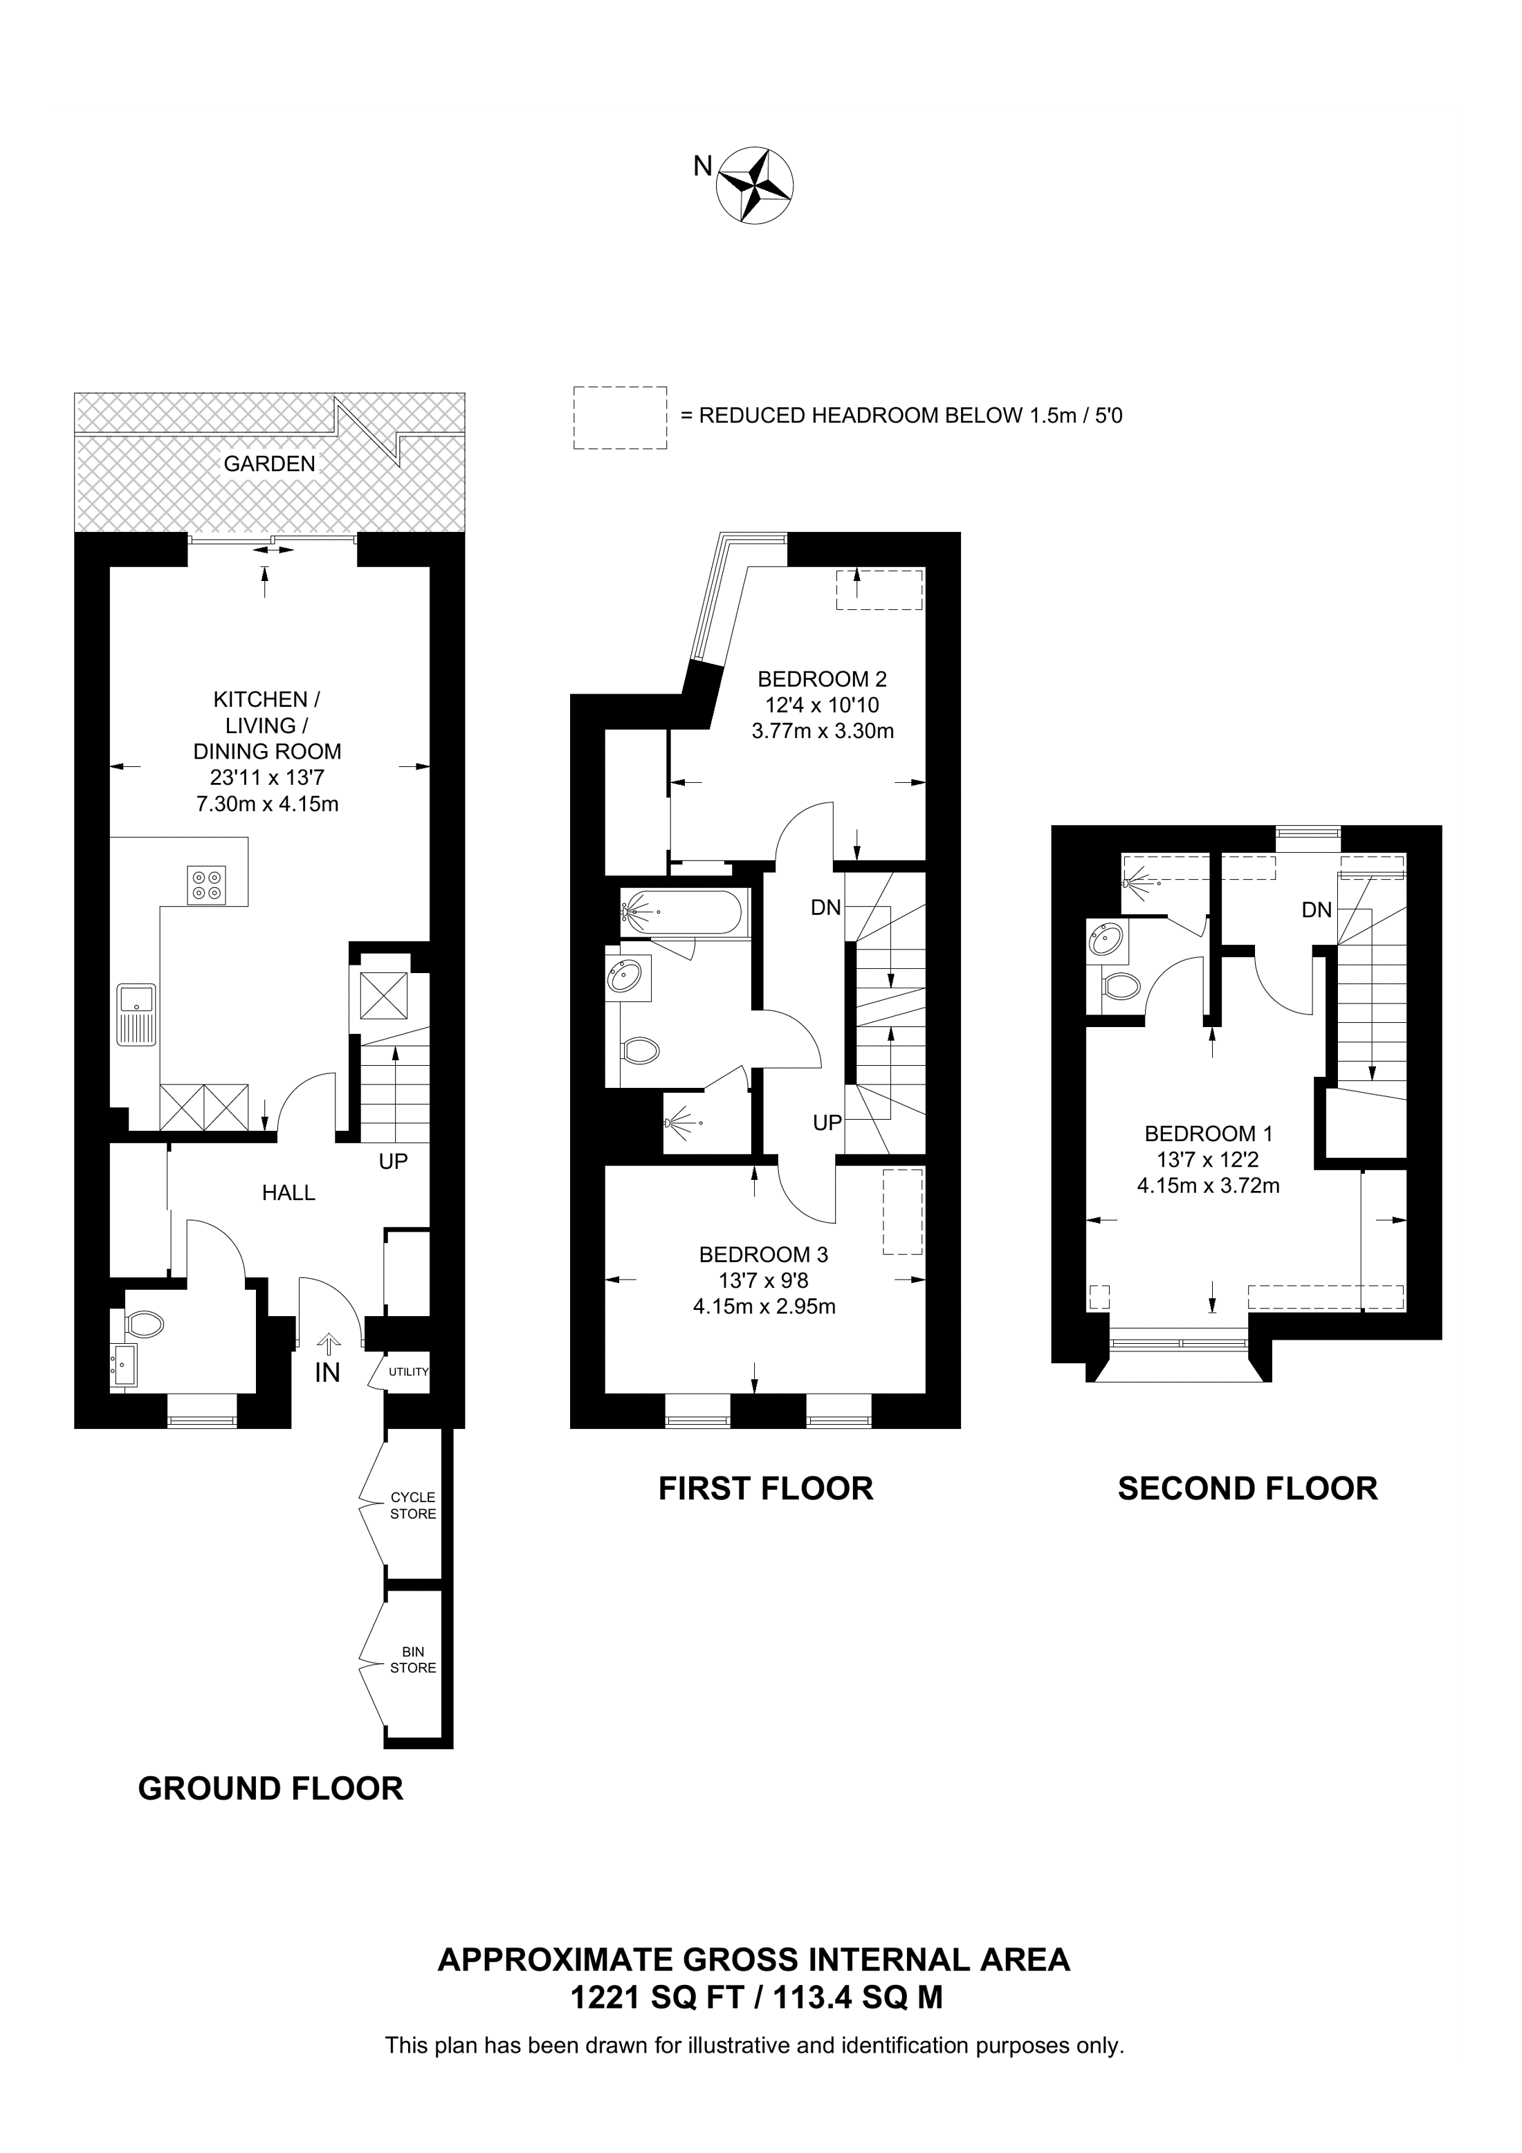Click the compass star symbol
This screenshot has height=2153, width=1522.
click(756, 185)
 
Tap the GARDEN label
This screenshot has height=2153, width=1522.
click(269, 463)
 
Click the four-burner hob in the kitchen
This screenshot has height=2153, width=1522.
click(206, 885)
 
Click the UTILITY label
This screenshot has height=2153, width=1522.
click(409, 1372)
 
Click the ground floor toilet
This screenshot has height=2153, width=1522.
click(143, 1324)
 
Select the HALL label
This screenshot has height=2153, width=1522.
click(288, 1193)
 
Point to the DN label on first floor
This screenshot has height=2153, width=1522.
click(825, 907)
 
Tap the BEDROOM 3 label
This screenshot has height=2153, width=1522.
click(763, 1254)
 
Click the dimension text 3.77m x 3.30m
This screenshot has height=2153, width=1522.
click(823, 730)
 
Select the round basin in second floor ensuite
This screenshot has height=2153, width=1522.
click(1107, 939)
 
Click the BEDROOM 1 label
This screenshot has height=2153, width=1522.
click(1208, 1133)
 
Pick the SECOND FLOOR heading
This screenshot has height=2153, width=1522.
click(1247, 1488)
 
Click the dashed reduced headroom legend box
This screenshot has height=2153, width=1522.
click(620, 417)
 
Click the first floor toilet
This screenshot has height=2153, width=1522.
click(641, 1051)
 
